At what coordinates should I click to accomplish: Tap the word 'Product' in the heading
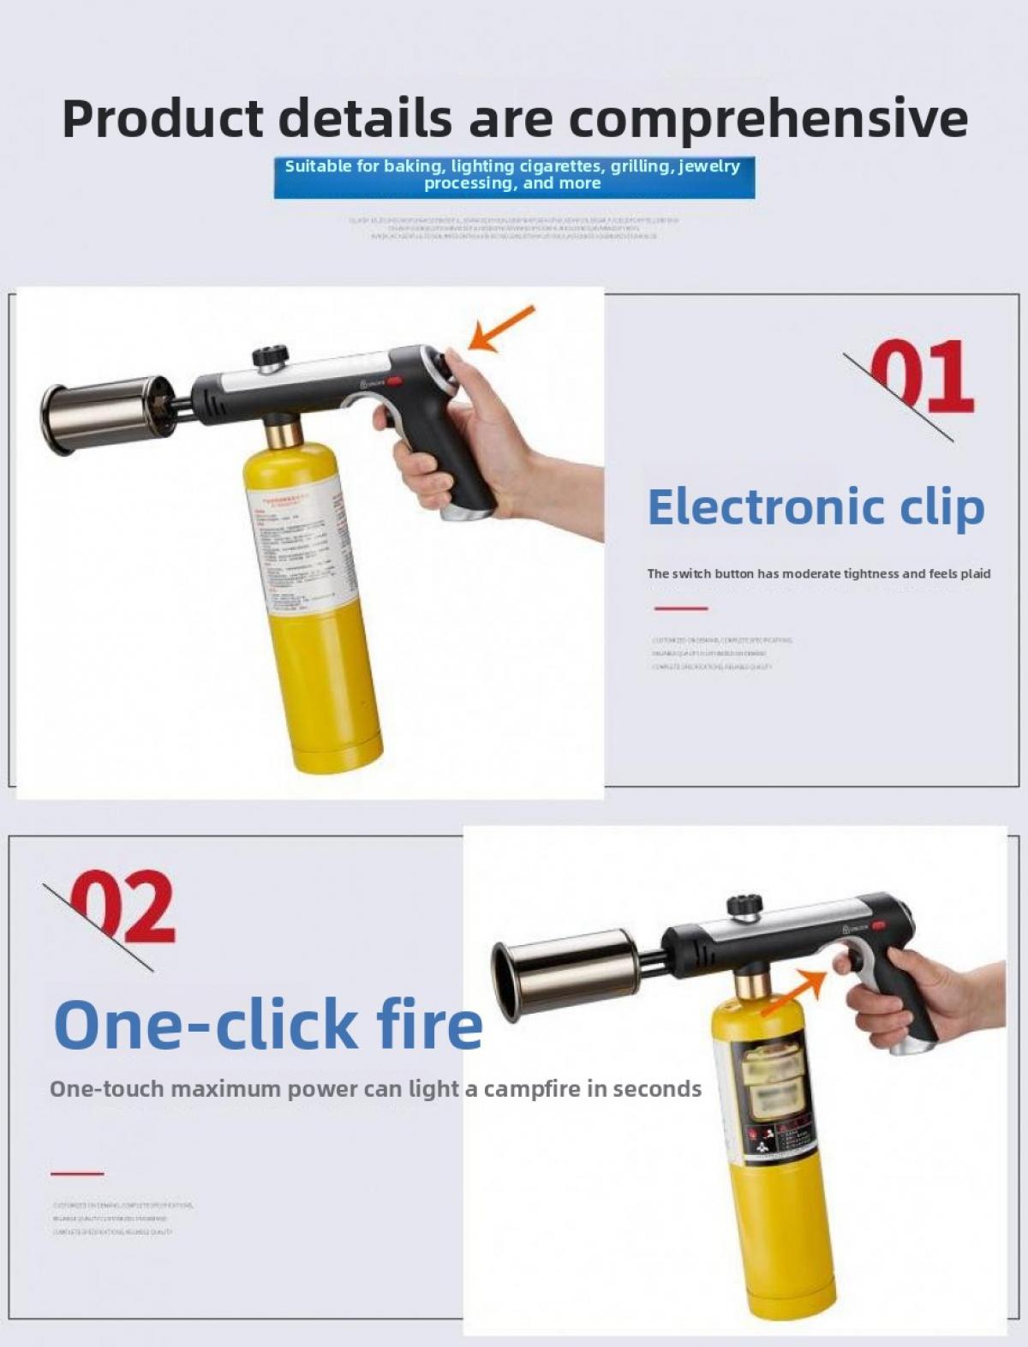[163, 119]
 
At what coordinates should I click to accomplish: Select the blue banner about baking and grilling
[514, 176]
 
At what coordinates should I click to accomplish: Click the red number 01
[921, 377]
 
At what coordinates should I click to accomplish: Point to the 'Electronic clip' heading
[816, 507]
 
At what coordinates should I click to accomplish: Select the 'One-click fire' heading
[268, 1024]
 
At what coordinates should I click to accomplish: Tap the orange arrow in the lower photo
[793, 991]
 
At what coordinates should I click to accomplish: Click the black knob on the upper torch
[268, 356]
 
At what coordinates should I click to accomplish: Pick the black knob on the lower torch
[744, 906]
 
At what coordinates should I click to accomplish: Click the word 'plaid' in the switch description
[975, 574]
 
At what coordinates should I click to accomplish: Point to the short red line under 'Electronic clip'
[681, 608]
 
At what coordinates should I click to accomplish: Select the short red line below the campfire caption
[77, 1173]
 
